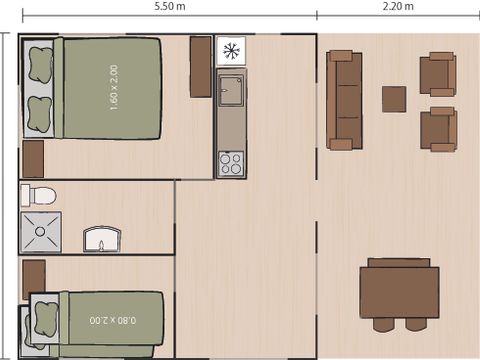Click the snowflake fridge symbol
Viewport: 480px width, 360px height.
tap(231, 51)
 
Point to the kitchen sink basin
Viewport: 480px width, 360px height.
tap(231, 90)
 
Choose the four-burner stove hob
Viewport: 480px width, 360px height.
tap(231, 162)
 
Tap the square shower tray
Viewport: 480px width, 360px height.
tap(42, 231)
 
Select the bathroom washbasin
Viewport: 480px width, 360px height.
tap(103, 238)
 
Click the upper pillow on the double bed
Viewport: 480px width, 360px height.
tap(41, 63)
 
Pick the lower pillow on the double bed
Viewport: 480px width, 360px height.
tap(41, 111)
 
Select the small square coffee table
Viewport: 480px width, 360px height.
tap(394, 99)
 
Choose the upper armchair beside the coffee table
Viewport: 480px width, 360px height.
tap(437, 73)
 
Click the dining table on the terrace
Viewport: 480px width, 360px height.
tap(399, 291)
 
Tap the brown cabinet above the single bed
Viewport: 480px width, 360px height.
tap(33, 278)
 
